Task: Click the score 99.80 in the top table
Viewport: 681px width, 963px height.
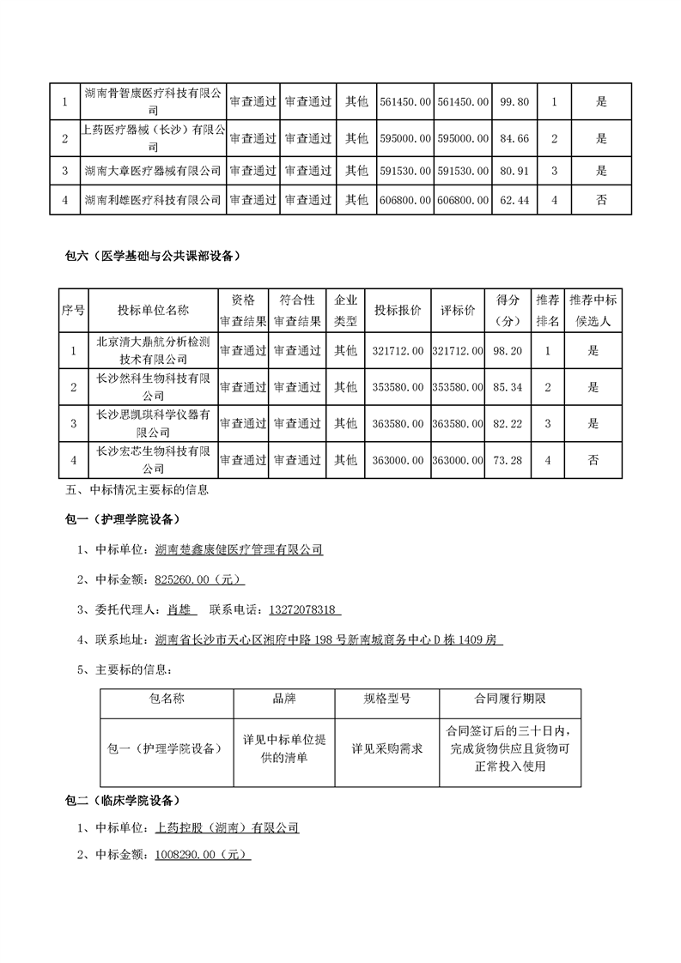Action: pos(514,101)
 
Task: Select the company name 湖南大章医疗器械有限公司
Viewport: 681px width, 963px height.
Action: pos(153,171)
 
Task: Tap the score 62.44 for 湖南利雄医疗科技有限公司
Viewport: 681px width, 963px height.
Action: pos(514,200)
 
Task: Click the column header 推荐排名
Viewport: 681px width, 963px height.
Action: pos(548,311)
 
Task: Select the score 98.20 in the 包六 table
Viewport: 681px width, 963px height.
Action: pos(509,350)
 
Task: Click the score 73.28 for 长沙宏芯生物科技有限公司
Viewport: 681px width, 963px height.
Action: pos(509,460)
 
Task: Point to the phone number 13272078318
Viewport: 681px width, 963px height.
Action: pos(305,609)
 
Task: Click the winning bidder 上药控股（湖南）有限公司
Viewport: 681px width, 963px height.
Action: pos(227,828)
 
